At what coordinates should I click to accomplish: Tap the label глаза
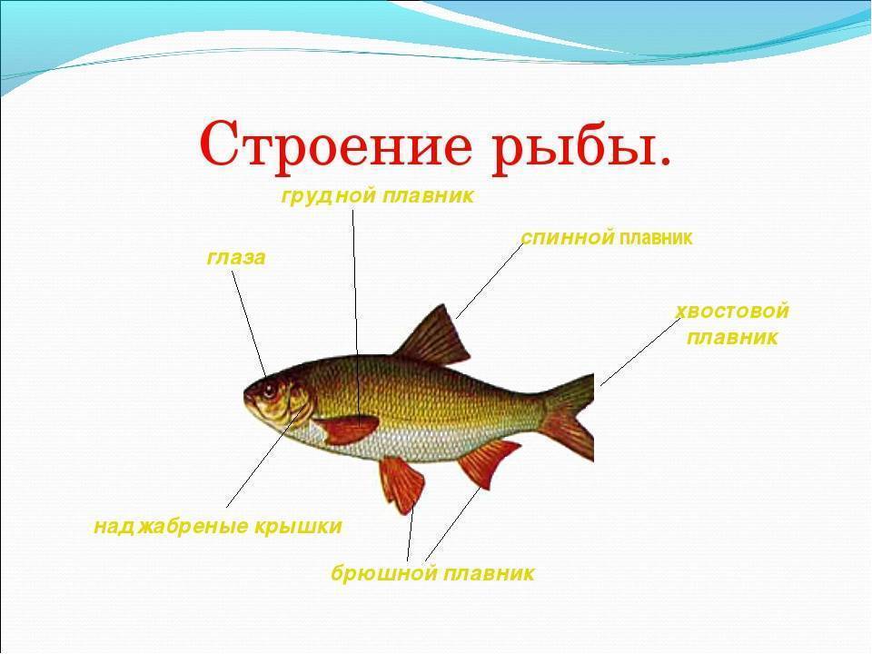[236, 258]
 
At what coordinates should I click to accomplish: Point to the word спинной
[568, 238]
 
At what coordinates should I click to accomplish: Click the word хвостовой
[733, 311]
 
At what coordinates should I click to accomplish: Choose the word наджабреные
[171, 526]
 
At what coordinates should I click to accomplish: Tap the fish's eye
[270, 390]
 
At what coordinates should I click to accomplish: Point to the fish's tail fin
[566, 416]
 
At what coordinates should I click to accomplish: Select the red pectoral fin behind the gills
[345, 429]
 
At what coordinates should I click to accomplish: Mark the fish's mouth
[247, 396]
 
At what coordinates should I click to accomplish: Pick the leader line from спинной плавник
[490, 281]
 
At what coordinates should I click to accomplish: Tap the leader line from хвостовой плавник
[640, 352]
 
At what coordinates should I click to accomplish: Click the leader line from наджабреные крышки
[268, 456]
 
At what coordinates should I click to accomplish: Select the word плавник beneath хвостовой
[732, 338]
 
